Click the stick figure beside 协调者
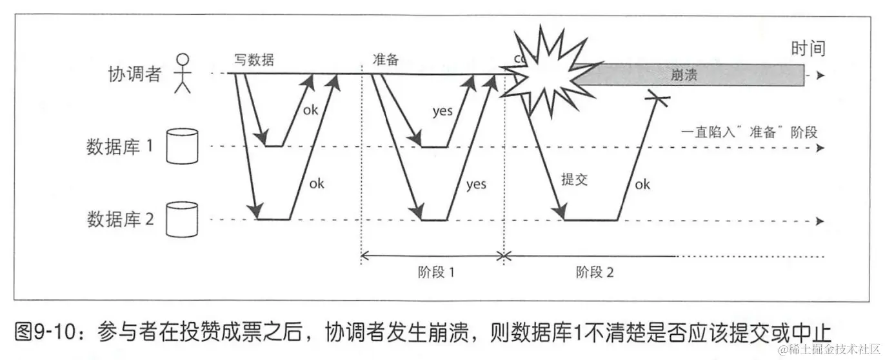(x=183, y=73)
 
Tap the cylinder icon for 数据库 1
(x=181, y=146)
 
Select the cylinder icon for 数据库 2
(x=181, y=219)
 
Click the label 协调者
(x=134, y=75)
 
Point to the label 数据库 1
(x=120, y=146)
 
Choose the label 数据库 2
(x=120, y=220)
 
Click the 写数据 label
(x=254, y=60)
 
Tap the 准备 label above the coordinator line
(x=386, y=60)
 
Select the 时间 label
(x=808, y=48)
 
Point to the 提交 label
(x=574, y=180)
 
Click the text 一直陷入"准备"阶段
(x=749, y=132)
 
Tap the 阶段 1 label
(x=436, y=272)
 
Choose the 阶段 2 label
(x=594, y=272)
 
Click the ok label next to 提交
(x=642, y=185)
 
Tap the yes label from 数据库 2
(x=475, y=185)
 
